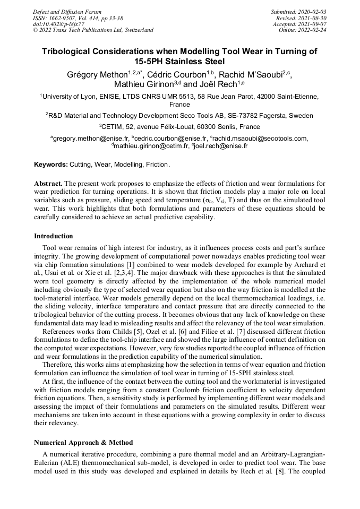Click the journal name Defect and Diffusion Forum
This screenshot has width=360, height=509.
(x=67, y=12)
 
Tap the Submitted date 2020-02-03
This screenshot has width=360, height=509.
(x=312, y=12)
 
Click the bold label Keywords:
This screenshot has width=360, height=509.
(x=51, y=165)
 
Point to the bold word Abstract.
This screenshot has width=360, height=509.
(x=48, y=184)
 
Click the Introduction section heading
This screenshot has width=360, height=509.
(x=54, y=236)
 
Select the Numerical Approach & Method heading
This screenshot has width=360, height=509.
(x=83, y=442)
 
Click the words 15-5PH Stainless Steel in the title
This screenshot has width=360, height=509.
(x=179, y=61)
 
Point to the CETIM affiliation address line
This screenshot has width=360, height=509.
(x=179, y=127)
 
